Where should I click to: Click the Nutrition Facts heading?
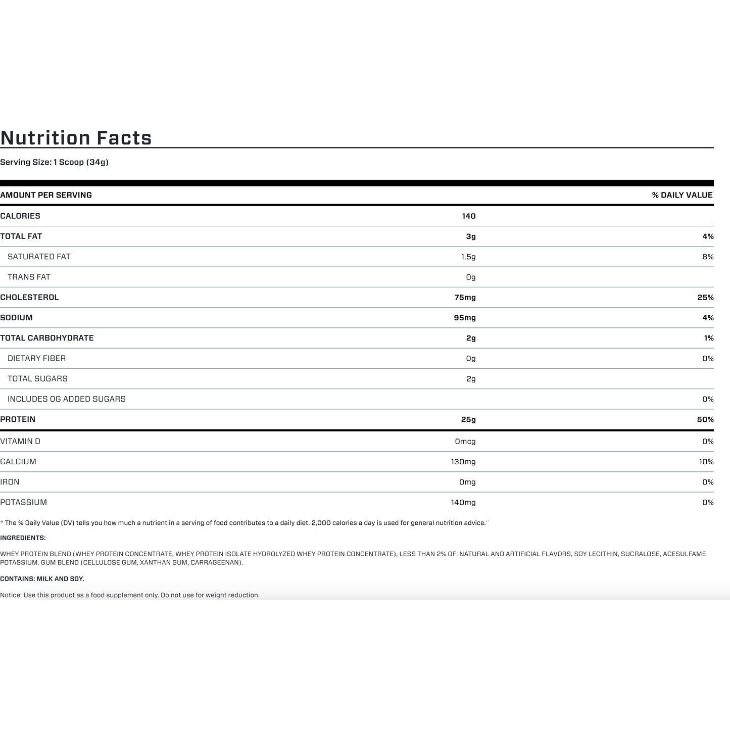(x=76, y=138)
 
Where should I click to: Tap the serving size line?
(x=54, y=162)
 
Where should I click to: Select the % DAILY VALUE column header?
(x=682, y=195)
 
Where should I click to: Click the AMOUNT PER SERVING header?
(x=46, y=195)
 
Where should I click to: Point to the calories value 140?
(x=468, y=216)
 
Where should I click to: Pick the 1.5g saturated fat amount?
(x=468, y=257)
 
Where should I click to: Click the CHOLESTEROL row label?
(x=29, y=298)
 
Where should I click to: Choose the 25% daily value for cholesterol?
(x=705, y=298)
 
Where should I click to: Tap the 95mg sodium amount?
(x=465, y=318)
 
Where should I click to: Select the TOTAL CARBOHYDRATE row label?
(x=47, y=338)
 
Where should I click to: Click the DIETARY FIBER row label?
(x=36, y=359)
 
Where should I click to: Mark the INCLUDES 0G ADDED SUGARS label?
(x=67, y=399)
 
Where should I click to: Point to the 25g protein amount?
(x=468, y=419)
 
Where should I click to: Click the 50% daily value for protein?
(x=705, y=419)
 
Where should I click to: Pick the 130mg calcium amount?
(x=463, y=462)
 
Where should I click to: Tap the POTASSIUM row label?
(x=23, y=503)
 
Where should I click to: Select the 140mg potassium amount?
(x=463, y=503)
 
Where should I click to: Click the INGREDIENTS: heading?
(x=23, y=538)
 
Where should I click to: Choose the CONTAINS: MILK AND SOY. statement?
(x=42, y=579)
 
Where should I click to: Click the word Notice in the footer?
(x=11, y=595)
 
